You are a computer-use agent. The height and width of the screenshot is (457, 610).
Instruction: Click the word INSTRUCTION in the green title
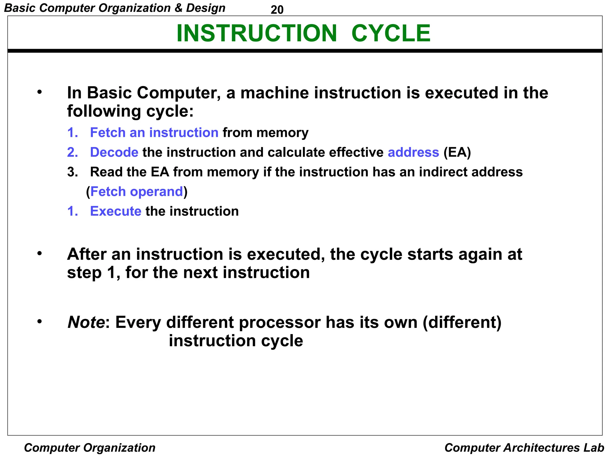pos(256,33)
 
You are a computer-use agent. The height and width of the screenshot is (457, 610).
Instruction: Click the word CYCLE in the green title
pos(391,33)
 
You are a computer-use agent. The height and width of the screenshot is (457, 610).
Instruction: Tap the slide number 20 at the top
pos(277,10)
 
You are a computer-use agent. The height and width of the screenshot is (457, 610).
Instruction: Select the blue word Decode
pos(114,152)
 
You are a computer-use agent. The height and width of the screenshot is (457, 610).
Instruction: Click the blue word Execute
pos(116,211)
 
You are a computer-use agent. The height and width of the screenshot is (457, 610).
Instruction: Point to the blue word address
pos(413,152)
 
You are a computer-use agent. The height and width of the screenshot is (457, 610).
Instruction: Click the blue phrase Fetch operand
pos(137,192)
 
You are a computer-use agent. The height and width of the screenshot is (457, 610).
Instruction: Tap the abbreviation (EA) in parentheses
pos(457,152)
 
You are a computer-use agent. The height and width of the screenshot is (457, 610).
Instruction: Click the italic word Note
pos(86,322)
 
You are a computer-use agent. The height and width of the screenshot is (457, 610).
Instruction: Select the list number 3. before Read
pos(72,172)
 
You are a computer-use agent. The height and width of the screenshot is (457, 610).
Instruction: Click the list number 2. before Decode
pos(72,152)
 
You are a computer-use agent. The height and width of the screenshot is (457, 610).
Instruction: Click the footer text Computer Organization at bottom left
pos(90,448)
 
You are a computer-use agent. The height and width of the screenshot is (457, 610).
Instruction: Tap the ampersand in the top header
pos(178,8)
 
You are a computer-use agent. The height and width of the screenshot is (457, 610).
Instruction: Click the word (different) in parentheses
pos(462,322)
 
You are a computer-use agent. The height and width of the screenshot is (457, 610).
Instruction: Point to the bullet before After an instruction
pos(40,254)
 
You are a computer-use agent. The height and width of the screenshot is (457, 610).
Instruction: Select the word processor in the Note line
pos(280,322)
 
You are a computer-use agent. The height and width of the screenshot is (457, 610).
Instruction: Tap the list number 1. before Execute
pos(72,211)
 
